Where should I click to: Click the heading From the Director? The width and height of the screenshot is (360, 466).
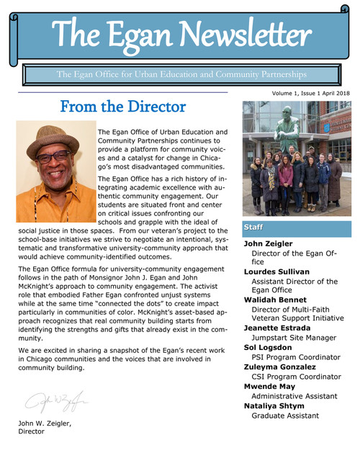point(123,107)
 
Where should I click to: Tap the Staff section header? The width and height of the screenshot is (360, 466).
point(253,227)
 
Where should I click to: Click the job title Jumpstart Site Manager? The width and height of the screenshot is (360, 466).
point(294,336)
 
